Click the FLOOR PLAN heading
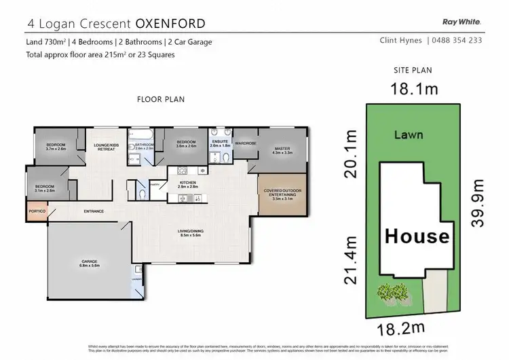[161, 99]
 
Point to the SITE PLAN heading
[413, 70]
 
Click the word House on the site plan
[417, 236]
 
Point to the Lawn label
[409, 134]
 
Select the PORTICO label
[37, 211]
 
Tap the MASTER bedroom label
[282, 149]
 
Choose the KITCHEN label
[187, 183]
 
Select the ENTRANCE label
[94, 212]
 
